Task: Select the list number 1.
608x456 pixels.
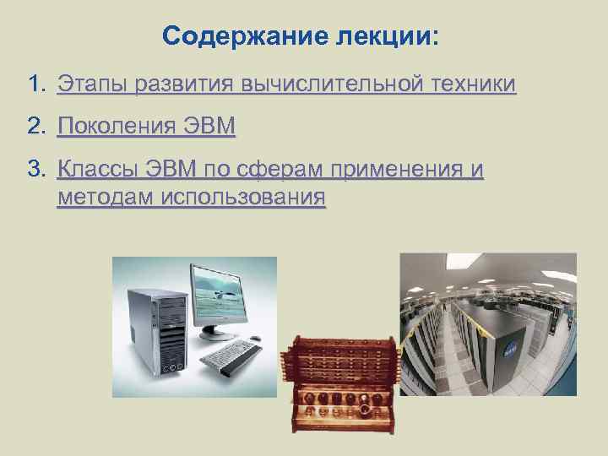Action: click(x=35, y=85)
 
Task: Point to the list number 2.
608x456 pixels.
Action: click(x=35, y=128)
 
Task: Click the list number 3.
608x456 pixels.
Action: click(x=35, y=171)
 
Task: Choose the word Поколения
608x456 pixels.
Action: click(x=118, y=128)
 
